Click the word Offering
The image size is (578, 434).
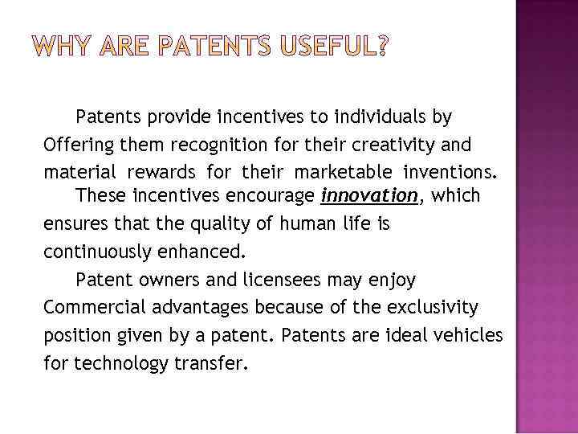pos(78,145)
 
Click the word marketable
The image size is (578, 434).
pos(344,172)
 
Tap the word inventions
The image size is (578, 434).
pos(450,172)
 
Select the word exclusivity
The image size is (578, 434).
pos(431,307)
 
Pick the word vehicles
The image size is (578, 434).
pos(468,334)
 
